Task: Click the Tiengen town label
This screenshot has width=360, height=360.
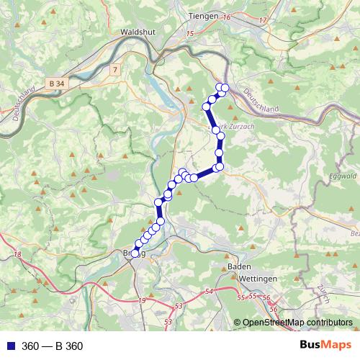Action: (x=202, y=15)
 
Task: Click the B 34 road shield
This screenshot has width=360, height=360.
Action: (x=58, y=84)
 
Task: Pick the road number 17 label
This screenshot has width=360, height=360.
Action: (x=262, y=19)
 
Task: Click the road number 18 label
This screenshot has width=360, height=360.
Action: (x=17, y=255)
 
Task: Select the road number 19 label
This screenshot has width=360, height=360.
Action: (x=142, y=300)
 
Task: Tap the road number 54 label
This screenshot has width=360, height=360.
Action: (x=209, y=291)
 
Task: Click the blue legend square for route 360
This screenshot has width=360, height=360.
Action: (x=9, y=346)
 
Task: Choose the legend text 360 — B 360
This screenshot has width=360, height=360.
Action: (x=53, y=346)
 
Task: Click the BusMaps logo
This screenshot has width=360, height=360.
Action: (x=325, y=346)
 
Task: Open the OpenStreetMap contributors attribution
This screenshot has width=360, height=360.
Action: (x=297, y=323)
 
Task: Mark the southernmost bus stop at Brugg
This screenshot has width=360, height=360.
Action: (x=135, y=253)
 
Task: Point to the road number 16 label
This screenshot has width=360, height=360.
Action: (x=226, y=16)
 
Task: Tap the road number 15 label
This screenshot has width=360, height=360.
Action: (x=190, y=33)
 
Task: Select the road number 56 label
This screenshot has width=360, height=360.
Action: (x=266, y=298)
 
